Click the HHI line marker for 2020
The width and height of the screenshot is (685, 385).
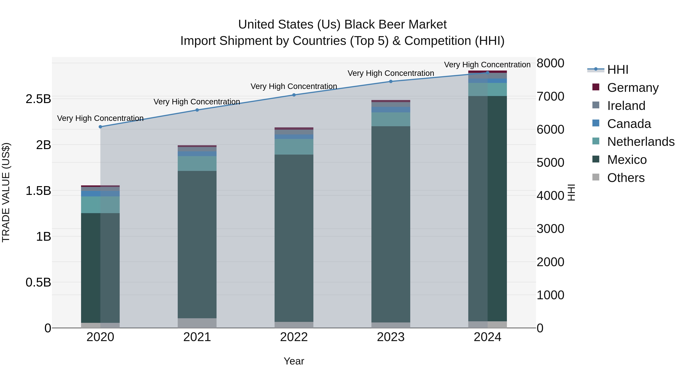pos(100,127)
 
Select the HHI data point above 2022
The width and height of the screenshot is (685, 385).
pos(294,95)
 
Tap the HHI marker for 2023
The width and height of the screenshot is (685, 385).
pos(391,82)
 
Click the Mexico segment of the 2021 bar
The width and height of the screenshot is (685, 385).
pos(197,244)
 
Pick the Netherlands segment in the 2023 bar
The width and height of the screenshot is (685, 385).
pos(391,119)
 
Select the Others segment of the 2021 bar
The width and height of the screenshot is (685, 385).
pos(197,323)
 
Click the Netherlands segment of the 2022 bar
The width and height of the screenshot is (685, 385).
pos(294,147)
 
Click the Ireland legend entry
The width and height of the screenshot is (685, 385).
pos(626,106)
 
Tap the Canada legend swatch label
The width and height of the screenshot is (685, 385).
pos(629,124)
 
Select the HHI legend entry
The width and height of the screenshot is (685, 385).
pos(617,70)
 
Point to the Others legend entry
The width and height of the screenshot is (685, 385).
pos(626,178)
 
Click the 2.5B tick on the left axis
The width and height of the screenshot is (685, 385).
pos(38,99)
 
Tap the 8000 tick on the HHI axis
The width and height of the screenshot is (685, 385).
pos(550,63)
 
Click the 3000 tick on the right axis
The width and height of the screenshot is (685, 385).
pos(550,229)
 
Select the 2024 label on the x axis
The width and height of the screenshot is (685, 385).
pos(487,337)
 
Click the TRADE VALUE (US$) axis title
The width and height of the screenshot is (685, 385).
pos(6,192)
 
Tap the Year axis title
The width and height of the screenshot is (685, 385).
pos(294,361)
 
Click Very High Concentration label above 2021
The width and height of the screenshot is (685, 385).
pos(197,102)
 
